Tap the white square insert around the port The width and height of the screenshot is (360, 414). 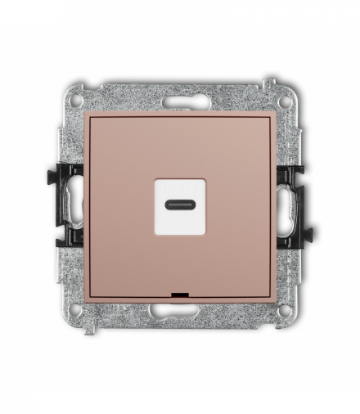coord(179,214)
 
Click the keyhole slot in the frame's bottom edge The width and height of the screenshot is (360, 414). coord(179,308)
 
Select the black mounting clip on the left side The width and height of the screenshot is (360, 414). coord(70,205)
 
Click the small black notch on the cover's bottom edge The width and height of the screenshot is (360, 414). coord(179,292)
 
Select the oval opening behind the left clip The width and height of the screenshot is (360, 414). coord(75,205)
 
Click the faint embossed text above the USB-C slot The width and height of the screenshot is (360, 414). coord(179,188)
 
